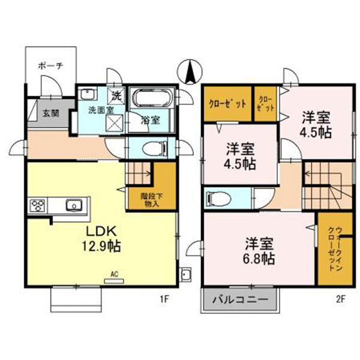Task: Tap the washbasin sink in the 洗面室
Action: pos(88,94)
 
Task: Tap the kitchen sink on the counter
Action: pos(73,205)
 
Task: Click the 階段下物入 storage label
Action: pos(151,199)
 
